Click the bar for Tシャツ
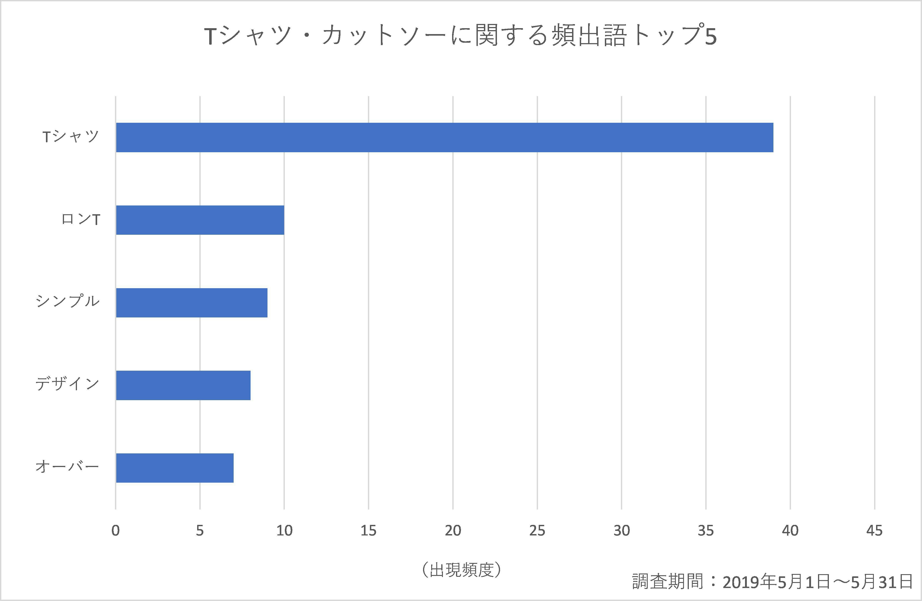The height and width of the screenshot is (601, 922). coord(444,138)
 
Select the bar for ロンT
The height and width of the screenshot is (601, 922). coord(200,220)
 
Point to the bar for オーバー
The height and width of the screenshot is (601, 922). coord(175,468)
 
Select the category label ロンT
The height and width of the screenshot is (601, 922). coord(81,220)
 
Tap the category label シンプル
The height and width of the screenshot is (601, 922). coord(68,301)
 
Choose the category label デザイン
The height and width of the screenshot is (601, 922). coord(68,384)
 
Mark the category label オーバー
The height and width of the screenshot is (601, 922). coord(68,466)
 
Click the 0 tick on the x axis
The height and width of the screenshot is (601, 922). coord(115,530)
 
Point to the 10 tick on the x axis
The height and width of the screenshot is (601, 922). coord(284,530)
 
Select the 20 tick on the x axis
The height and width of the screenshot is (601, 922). coord(453,530)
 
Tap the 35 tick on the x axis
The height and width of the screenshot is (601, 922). coord(706,530)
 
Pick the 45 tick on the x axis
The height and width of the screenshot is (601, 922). coord(874,530)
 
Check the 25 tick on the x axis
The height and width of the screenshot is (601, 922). coord(537,530)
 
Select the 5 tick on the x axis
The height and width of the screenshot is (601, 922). coord(200,530)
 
